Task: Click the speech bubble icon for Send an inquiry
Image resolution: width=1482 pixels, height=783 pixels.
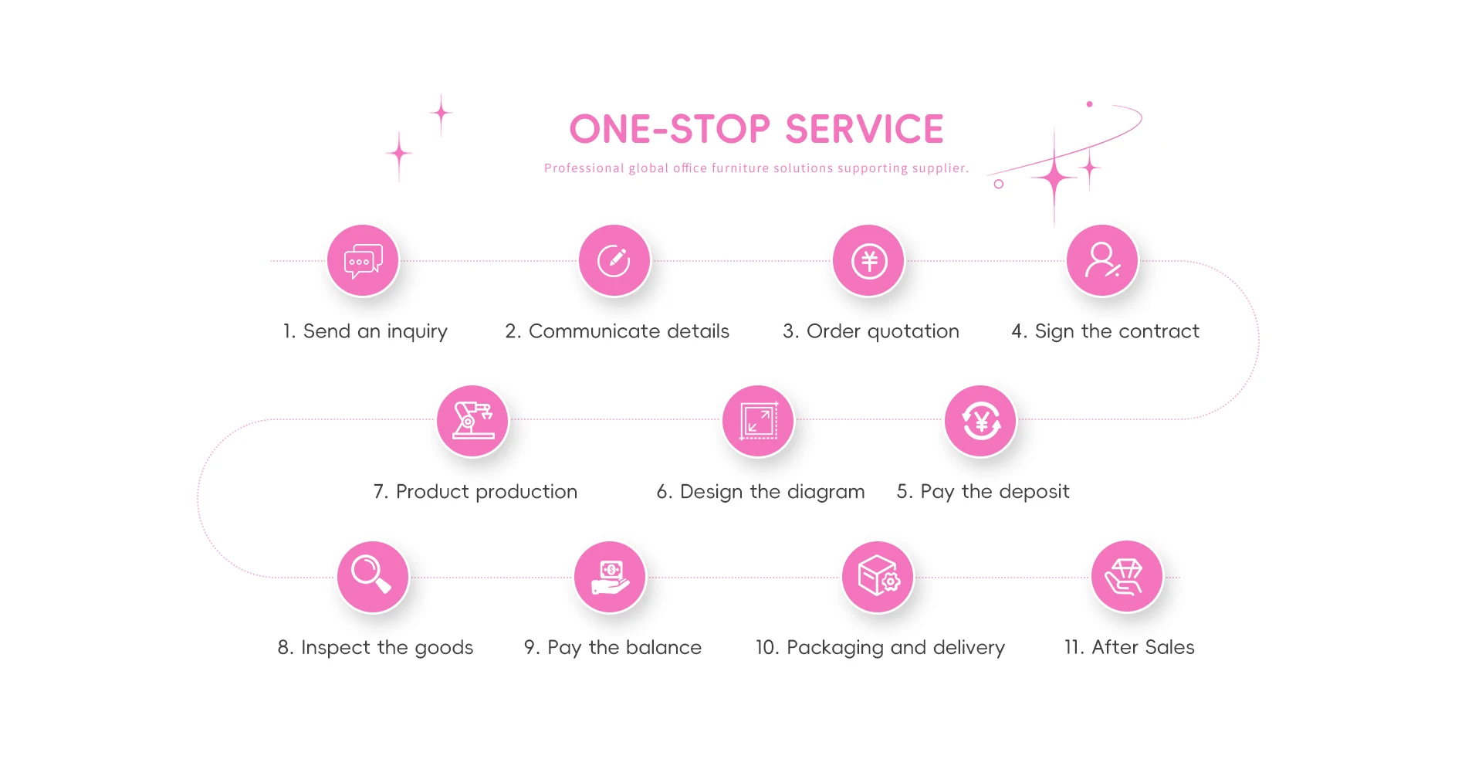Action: (x=363, y=261)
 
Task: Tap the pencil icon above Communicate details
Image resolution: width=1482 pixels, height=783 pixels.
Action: (x=614, y=261)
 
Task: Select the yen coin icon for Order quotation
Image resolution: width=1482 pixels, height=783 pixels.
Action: (x=868, y=261)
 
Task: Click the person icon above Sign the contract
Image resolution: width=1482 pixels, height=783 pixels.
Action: (x=1102, y=261)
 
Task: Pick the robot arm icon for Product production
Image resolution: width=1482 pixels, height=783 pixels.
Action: (x=472, y=421)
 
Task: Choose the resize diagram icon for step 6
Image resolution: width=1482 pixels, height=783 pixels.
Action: (x=758, y=421)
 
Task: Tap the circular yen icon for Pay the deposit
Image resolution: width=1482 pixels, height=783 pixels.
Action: (x=980, y=421)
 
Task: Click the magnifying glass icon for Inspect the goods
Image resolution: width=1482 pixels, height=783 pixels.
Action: (x=372, y=577)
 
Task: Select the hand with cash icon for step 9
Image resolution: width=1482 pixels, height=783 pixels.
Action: (x=610, y=577)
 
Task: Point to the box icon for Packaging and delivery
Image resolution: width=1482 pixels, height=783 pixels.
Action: (x=878, y=577)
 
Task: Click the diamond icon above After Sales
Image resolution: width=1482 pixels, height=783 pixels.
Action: (x=1126, y=577)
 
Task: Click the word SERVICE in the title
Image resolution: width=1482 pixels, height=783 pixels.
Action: (x=864, y=129)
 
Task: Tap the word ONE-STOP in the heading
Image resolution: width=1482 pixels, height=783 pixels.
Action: (x=669, y=129)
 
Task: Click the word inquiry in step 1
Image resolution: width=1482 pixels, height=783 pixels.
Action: (x=417, y=332)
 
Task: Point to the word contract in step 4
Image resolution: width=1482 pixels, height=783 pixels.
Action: (x=1159, y=331)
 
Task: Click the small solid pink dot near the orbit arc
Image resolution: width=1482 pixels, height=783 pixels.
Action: (x=1089, y=103)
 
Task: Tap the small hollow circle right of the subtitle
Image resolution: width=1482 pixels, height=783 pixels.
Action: (x=998, y=184)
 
